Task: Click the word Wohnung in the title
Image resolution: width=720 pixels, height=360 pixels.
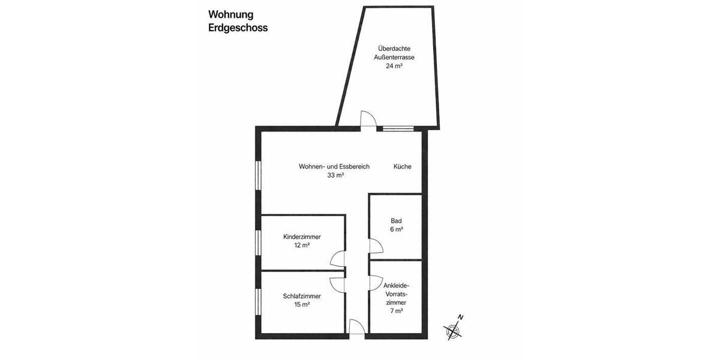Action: [x=231, y=14]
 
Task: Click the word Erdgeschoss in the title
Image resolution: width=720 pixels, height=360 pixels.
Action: [x=238, y=28]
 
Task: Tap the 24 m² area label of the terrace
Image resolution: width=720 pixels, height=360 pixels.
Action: [x=394, y=67]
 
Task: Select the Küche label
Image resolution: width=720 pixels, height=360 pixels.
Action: [x=403, y=167]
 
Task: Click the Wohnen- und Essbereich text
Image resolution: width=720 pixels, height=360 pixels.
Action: [x=334, y=167]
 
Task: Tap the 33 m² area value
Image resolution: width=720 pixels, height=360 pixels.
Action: [x=335, y=175]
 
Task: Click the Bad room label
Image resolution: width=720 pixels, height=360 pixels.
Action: [x=396, y=220]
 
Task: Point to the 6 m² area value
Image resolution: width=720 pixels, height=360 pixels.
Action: [x=396, y=229]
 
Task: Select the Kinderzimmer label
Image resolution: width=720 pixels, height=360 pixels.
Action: [x=302, y=236]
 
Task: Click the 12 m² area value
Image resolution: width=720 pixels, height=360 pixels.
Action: [x=302, y=245]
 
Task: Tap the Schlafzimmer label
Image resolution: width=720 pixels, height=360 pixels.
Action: [x=302, y=296]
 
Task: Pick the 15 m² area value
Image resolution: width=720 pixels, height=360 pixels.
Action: [x=302, y=305]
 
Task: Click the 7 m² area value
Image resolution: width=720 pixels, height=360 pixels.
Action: [x=395, y=311]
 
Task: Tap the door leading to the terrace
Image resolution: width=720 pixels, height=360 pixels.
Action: [x=367, y=119]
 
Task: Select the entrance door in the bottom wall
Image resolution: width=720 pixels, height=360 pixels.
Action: [x=356, y=326]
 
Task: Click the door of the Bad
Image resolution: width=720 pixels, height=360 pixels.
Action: [x=376, y=246]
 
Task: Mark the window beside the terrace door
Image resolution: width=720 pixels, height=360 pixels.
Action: [x=398, y=128]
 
